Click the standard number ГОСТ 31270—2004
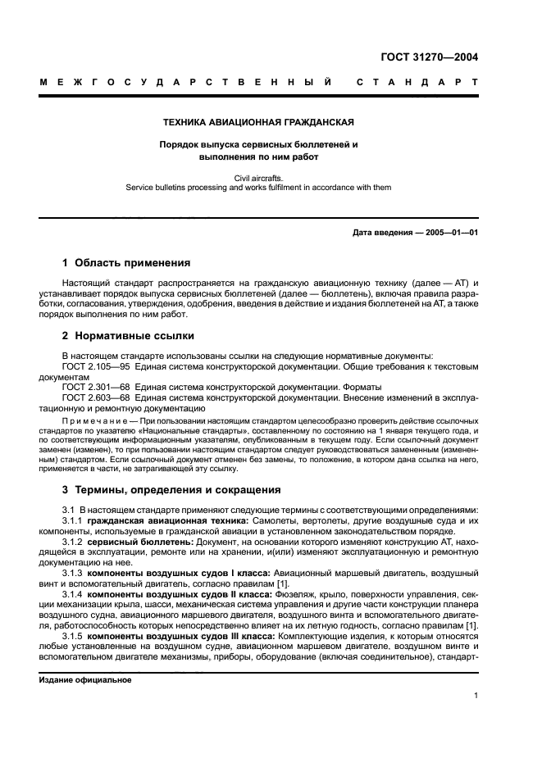pyautogui.click(x=429, y=57)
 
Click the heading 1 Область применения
pyautogui.click(x=126, y=263)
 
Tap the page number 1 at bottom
pyautogui.click(x=476, y=697)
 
